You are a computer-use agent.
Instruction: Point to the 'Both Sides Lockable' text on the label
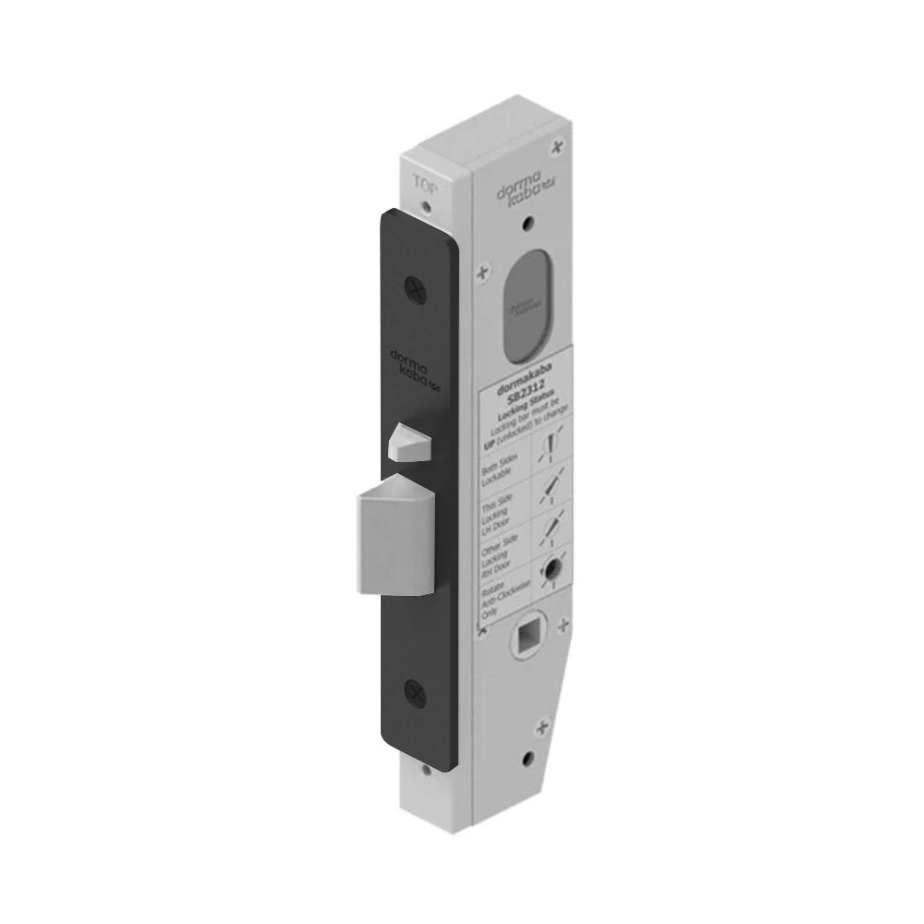point(502,468)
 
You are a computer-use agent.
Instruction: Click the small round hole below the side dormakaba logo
point(529,224)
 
